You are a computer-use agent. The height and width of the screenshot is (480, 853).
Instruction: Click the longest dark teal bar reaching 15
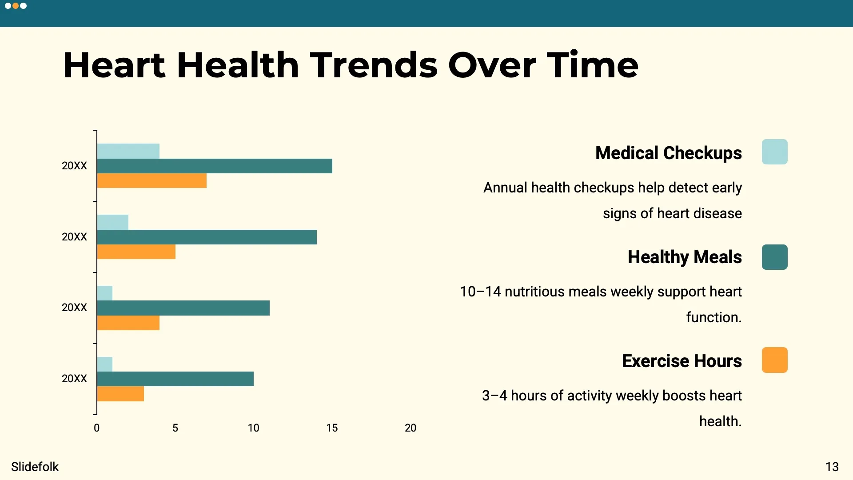[x=215, y=166]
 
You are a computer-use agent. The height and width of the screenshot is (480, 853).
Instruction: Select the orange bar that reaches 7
[x=151, y=181]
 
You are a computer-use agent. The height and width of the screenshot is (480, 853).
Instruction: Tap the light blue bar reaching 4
[x=128, y=151]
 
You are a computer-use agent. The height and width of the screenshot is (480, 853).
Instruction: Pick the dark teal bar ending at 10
[x=175, y=379]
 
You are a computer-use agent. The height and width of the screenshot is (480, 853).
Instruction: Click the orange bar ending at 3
[x=120, y=394]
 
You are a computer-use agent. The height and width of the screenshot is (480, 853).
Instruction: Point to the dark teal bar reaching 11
[x=183, y=308]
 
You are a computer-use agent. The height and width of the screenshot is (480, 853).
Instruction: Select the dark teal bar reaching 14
[x=207, y=237]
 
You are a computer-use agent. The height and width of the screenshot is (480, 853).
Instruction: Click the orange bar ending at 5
[x=136, y=252]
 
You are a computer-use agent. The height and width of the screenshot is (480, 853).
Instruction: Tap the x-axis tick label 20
[x=410, y=428]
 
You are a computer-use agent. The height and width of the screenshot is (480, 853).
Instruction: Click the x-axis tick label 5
[x=175, y=428]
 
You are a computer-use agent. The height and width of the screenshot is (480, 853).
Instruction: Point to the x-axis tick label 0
[x=96, y=428]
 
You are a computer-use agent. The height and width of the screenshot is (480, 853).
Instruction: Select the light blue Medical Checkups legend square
[x=774, y=152]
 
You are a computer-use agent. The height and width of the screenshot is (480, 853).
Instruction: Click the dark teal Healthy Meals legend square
[x=774, y=257]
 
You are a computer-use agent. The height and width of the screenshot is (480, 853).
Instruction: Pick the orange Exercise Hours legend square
[x=774, y=360]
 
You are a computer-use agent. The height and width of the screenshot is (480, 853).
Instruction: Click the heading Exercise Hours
[x=682, y=361]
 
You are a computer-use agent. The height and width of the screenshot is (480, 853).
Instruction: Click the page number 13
[x=832, y=467]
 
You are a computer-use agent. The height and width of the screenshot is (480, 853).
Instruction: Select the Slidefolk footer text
[x=35, y=467]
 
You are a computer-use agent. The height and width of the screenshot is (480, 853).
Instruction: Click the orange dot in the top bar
[x=16, y=6]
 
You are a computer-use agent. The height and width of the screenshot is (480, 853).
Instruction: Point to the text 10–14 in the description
[x=480, y=292]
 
